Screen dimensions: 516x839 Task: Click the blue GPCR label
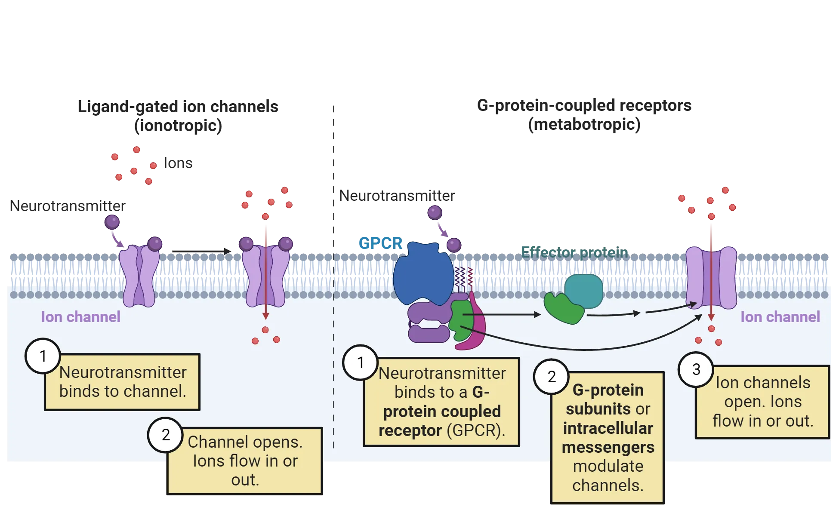tap(380, 243)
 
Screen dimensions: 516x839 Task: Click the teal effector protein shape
tap(584, 291)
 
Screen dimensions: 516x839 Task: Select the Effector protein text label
tap(574, 252)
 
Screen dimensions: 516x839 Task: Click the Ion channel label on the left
tap(80, 317)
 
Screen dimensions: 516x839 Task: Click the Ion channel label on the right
tap(780, 317)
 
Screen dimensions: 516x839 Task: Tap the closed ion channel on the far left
tap(139, 275)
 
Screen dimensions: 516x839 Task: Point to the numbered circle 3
tap(696, 369)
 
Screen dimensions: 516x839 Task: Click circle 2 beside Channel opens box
tap(165, 435)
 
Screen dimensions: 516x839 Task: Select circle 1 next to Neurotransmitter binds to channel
tap(43, 356)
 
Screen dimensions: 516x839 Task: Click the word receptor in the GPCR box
tap(410, 430)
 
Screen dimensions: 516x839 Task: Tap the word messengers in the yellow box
tap(608, 447)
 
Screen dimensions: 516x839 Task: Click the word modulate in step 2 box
tap(608, 466)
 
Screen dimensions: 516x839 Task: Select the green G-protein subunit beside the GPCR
tap(460, 320)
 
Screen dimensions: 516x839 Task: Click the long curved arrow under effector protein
tap(581, 348)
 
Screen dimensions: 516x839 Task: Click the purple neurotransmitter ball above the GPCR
tap(435, 212)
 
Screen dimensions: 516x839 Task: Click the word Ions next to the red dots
tap(177, 163)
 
